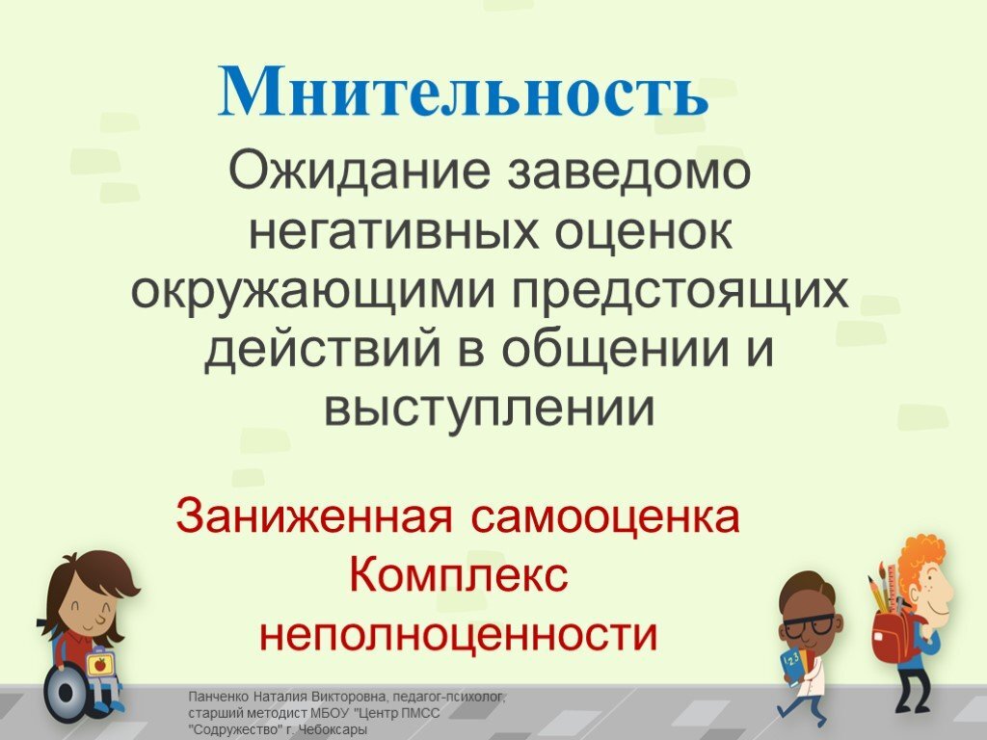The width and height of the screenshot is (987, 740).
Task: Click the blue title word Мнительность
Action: click(x=463, y=94)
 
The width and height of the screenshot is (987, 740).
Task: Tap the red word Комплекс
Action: click(x=459, y=576)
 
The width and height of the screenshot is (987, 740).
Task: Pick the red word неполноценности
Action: click(x=459, y=635)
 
